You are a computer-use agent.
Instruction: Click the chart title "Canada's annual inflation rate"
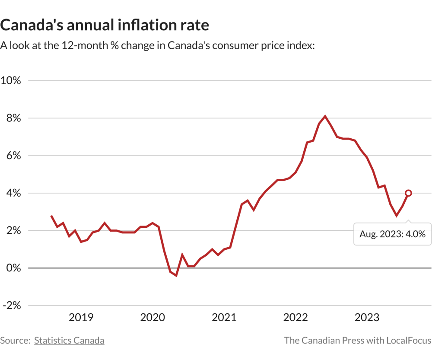click(x=105, y=25)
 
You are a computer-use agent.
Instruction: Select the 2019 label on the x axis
click(x=81, y=318)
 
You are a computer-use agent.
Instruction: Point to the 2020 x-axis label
click(x=152, y=318)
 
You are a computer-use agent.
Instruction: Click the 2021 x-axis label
click(x=224, y=318)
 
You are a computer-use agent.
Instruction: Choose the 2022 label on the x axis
click(x=295, y=318)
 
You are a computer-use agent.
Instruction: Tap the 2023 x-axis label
click(x=367, y=318)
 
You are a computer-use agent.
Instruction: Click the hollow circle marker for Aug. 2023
click(x=408, y=193)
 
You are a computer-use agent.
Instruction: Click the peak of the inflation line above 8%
click(x=325, y=116)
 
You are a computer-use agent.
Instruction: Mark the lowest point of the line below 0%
click(x=176, y=275)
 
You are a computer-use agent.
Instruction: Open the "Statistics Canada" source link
click(x=69, y=341)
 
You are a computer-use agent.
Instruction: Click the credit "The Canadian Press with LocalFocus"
click(x=358, y=341)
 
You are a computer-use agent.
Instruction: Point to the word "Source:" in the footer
click(x=15, y=341)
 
